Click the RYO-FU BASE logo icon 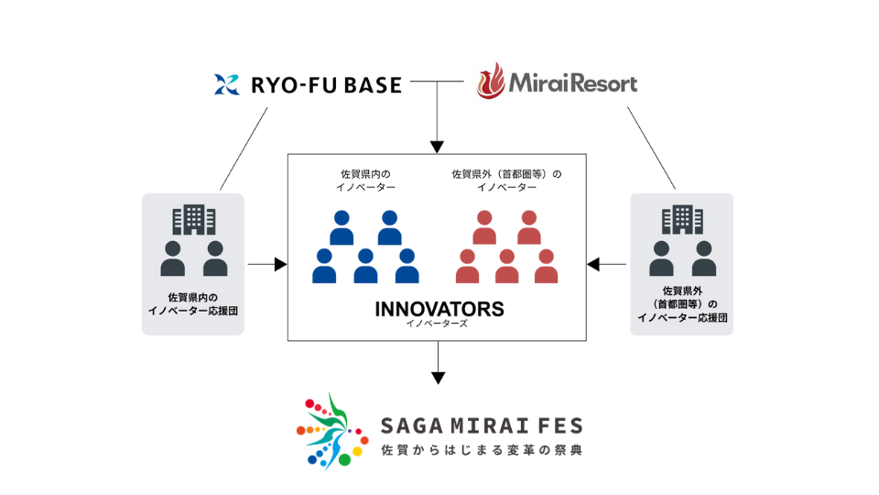click(x=226, y=85)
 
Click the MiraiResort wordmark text click(x=573, y=84)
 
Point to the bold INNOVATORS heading click(x=439, y=308)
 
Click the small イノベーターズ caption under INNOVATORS click(x=439, y=324)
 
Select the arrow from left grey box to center click(x=266, y=265)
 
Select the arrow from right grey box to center click(x=607, y=265)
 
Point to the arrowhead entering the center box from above click(x=438, y=147)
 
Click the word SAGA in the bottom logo click(x=409, y=426)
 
